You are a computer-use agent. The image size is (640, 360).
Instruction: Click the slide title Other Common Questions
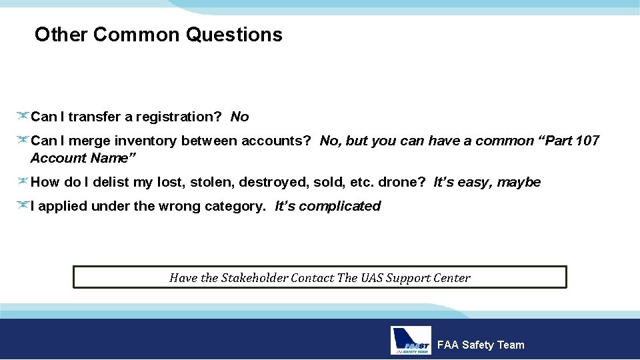click(x=159, y=35)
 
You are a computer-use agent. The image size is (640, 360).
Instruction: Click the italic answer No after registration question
click(x=239, y=117)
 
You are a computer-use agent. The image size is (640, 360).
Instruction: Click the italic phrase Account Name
click(x=83, y=159)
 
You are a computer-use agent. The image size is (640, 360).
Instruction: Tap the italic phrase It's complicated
click(x=327, y=207)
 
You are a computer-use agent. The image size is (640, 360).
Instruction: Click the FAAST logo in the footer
click(x=411, y=341)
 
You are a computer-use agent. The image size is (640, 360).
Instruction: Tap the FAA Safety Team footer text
click(x=480, y=345)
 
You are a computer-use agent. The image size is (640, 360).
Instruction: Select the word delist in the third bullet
click(x=113, y=182)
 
